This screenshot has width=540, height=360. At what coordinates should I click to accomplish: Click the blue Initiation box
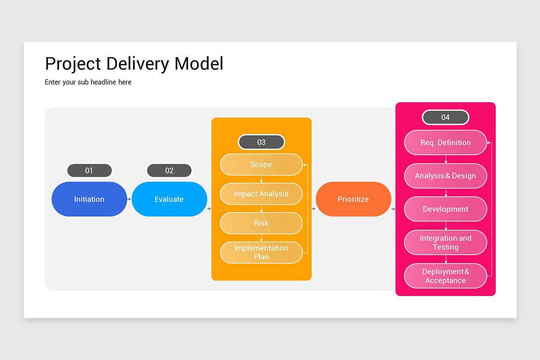(x=89, y=199)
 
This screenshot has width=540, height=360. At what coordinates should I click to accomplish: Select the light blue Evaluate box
(x=169, y=199)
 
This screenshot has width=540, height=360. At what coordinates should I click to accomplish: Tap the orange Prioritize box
(x=353, y=199)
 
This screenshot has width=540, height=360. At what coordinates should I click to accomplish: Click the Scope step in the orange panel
(x=261, y=164)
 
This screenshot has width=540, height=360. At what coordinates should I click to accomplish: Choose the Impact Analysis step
(x=261, y=194)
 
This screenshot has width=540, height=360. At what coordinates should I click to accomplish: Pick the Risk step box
(x=261, y=223)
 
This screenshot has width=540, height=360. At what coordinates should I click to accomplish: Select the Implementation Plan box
(x=261, y=252)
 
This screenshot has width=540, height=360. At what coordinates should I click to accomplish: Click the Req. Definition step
(x=445, y=143)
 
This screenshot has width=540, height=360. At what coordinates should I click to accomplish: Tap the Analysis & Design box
(x=445, y=176)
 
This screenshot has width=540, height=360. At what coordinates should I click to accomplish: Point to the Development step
(x=445, y=209)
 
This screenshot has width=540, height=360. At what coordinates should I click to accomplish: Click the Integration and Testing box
(x=445, y=243)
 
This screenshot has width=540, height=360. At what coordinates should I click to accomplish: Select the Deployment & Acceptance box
(x=445, y=276)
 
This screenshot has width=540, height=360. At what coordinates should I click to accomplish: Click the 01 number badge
(x=89, y=171)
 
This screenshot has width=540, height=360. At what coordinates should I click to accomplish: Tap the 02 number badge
(x=169, y=171)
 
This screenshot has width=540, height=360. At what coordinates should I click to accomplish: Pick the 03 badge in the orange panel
(x=261, y=142)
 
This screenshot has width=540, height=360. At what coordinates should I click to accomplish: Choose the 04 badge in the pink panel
(x=445, y=117)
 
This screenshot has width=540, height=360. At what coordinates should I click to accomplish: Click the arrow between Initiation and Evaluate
(x=129, y=199)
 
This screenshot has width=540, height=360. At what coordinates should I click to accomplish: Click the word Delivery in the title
(x=138, y=63)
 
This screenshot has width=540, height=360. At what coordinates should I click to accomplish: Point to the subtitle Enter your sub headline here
(x=88, y=82)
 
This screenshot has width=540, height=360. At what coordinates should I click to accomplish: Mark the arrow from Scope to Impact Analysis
(x=261, y=179)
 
